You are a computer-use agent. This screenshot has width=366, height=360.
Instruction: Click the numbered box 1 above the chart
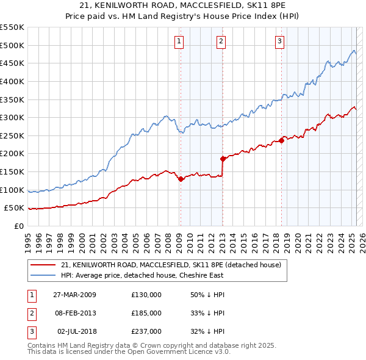click(179, 41)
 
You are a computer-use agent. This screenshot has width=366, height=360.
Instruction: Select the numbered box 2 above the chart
click(220, 41)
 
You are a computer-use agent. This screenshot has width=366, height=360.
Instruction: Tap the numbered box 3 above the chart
click(279, 41)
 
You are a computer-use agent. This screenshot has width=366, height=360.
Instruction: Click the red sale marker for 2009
click(181, 179)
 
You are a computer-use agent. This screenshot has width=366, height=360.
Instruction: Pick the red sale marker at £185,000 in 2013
click(223, 159)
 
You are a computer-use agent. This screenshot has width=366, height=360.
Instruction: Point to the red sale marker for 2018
click(281, 140)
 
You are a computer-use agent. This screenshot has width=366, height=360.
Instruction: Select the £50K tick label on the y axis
click(15, 208)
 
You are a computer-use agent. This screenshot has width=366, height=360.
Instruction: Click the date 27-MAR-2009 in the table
click(74, 295)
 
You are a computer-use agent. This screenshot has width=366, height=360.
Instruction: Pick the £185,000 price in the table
click(146, 313)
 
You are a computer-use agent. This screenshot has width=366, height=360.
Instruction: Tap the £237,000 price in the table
click(146, 331)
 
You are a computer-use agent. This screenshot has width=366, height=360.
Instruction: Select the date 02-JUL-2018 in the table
click(74, 331)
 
